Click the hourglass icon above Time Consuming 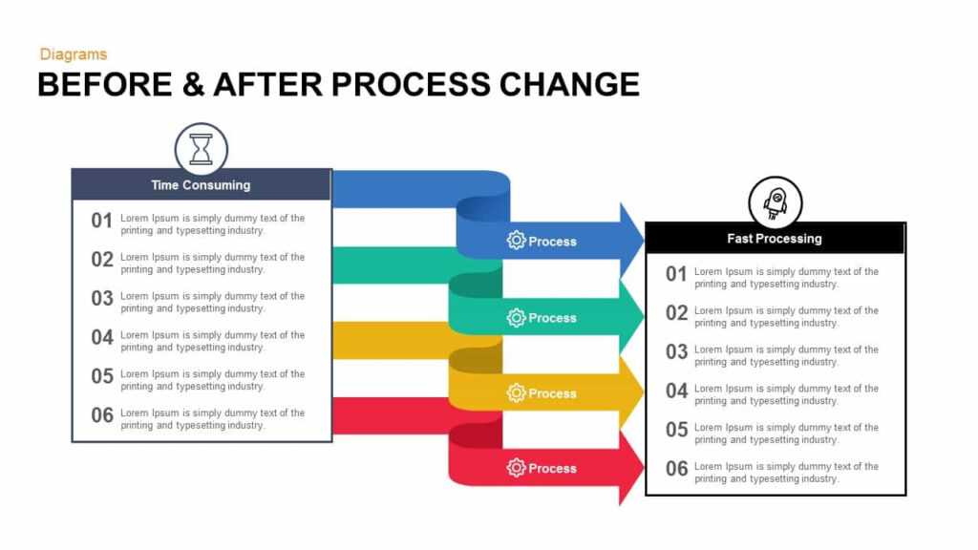pos(201,149)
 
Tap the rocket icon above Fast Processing pos(775,202)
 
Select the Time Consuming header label pos(201,185)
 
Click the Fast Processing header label pos(775,238)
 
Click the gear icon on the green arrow pos(516,318)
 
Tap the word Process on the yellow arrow pos(553,393)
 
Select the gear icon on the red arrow pos(516,468)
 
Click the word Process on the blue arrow pos(553,242)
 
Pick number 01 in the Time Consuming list pos(102,221)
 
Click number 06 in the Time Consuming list pos(102,415)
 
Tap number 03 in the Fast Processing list pos(676,352)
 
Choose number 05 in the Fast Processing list pos(676,430)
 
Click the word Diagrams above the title pos(74,54)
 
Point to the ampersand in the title pos(190,84)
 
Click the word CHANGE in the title pos(569,84)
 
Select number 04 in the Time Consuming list pos(102,337)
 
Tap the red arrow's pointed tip pos(642,468)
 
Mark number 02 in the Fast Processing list pos(676,313)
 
